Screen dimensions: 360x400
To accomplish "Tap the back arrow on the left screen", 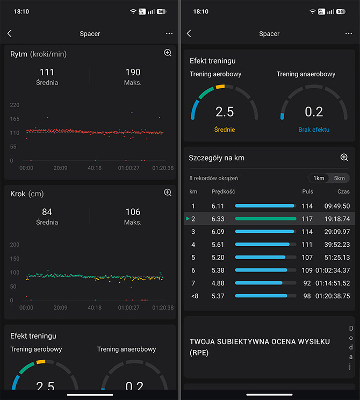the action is click(x=10, y=33).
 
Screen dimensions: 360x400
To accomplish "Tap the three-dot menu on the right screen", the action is click(x=348, y=33).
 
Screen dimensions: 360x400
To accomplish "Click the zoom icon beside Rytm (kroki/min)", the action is click(x=168, y=53).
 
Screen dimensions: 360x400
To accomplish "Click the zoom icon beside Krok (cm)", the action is click(x=168, y=192).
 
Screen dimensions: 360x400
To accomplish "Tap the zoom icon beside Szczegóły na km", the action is click(x=344, y=157).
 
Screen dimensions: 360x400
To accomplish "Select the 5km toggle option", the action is click(x=339, y=178).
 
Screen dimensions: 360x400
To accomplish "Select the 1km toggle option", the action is click(x=319, y=178).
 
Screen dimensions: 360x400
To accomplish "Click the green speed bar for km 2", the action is click(x=265, y=219).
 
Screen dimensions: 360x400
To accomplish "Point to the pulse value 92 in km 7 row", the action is click(x=307, y=283).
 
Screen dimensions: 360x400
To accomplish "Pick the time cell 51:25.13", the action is click(x=337, y=258).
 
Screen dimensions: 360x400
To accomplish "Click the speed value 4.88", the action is click(x=218, y=283).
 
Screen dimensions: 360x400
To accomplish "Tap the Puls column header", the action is click(x=307, y=191).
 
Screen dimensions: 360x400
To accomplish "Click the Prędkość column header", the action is click(x=224, y=191).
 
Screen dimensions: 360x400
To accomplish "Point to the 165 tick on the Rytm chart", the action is click(x=15, y=119).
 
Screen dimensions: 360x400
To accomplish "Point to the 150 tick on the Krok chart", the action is click(x=15, y=259).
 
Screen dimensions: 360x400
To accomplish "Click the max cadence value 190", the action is click(x=133, y=72).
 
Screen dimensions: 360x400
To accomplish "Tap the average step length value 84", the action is click(x=47, y=212).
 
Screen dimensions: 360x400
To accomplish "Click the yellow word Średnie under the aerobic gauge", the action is click(x=225, y=130).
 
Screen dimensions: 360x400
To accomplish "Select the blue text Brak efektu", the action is click(x=314, y=130).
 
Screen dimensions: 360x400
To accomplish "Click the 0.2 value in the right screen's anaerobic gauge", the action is click(x=314, y=112).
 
